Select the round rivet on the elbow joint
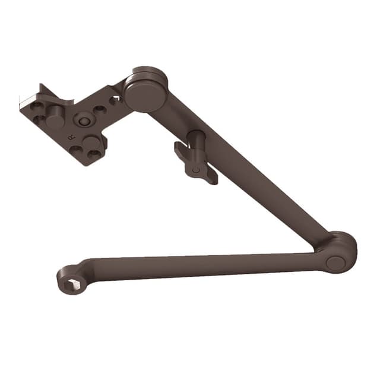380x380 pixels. (335, 264)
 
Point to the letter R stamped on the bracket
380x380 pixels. (72, 137)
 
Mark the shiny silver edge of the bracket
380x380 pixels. (27, 102)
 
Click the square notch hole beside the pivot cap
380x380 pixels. (114, 100)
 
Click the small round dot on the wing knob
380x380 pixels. (196, 170)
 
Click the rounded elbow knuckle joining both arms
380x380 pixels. (341, 249)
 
